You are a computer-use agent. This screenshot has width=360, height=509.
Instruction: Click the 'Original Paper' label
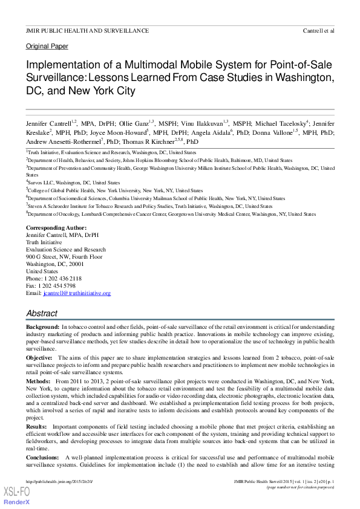(x=47, y=46)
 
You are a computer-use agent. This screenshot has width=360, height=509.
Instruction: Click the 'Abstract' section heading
(x=42, y=314)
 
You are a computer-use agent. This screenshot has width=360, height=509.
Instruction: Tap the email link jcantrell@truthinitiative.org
(x=76, y=293)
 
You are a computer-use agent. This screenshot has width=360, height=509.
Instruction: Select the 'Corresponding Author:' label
(x=53, y=228)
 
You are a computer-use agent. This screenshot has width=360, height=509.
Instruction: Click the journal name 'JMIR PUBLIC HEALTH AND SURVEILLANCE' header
(x=87, y=30)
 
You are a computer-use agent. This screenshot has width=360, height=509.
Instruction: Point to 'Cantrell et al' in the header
(x=318, y=30)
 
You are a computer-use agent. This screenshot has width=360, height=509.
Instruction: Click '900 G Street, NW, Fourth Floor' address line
(x=64, y=257)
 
